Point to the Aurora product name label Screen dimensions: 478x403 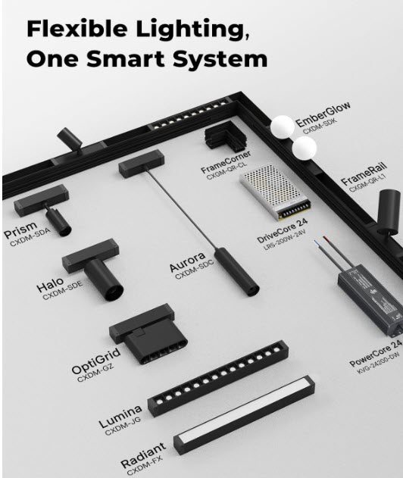[187, 265]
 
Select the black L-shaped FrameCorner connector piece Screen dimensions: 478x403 [225, 139]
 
